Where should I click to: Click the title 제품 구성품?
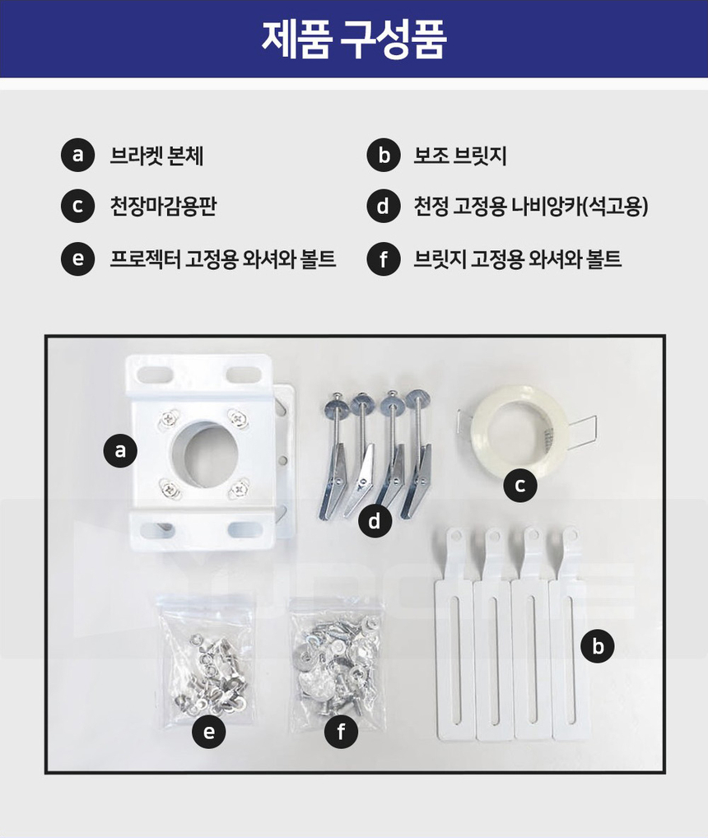(354, 39)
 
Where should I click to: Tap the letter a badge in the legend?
(78, 155)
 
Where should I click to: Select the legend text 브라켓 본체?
(156, 156)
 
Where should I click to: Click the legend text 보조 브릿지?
(460, 156)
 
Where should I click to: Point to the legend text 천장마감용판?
(163, 206)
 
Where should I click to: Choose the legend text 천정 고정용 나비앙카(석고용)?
(531, 206)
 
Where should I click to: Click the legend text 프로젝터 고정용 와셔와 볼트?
(223, 258)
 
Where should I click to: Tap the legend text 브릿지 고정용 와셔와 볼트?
(518, 258)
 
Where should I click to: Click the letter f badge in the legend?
(384, 258)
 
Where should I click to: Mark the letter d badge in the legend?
(384, 206)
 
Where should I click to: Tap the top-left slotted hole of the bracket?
(156, 374)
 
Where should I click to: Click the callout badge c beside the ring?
(519, 486)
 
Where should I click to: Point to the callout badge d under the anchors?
(375, 520)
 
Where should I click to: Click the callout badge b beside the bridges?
(598, 646)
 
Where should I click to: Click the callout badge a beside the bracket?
(120, 450)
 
